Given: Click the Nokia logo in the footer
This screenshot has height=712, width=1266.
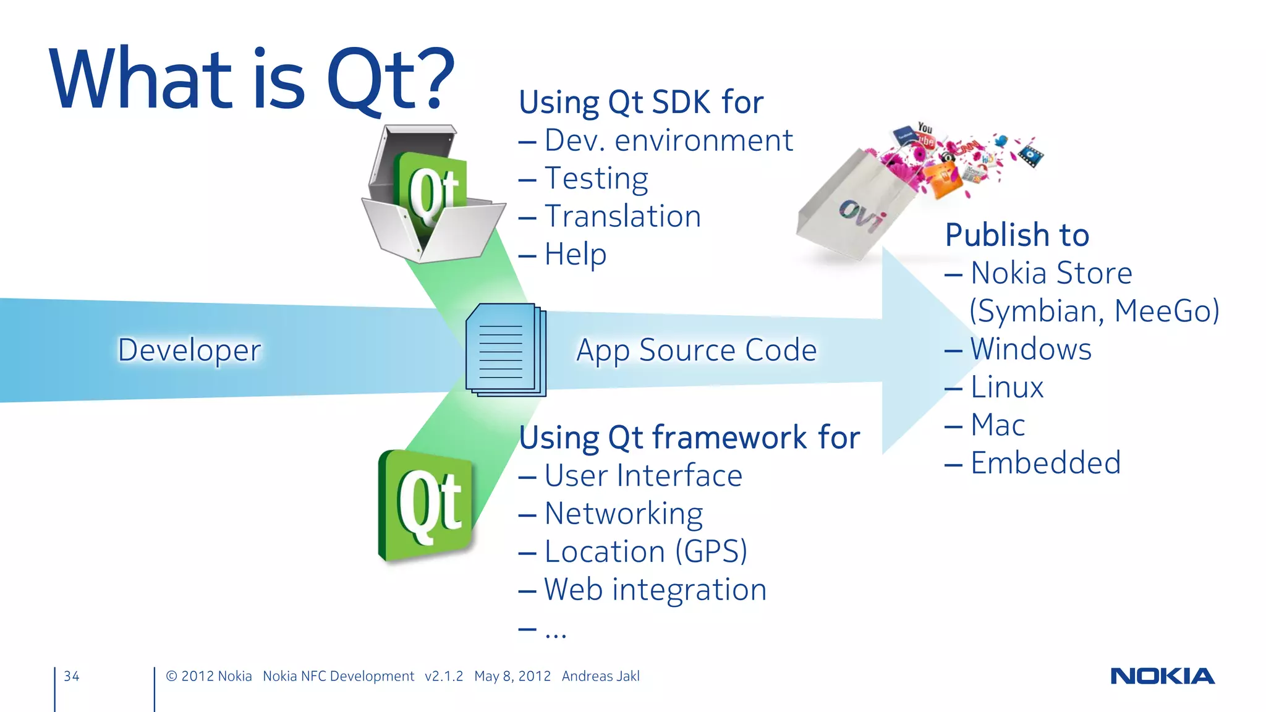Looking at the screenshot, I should (x=1162, y=676).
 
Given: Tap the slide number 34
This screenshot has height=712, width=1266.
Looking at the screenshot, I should (x=72, y=676).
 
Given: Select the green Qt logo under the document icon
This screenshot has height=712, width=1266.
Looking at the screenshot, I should (x=427, y=506).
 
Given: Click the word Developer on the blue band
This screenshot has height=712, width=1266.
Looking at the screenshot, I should (x=189, y=350).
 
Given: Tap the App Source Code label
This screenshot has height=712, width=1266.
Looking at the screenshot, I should (x=696, y=350).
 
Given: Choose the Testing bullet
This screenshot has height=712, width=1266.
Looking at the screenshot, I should (x=596, y=179).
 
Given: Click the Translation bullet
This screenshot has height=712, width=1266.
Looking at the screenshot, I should (x=622, y=216).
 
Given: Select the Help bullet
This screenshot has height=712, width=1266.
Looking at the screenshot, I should (x=575, y=255).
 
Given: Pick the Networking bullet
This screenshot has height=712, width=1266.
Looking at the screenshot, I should (x=623, y=514).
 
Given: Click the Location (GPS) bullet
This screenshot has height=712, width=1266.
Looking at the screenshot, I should (x=645, y=551).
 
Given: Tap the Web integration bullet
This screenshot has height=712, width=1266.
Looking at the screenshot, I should (x=655, y=590).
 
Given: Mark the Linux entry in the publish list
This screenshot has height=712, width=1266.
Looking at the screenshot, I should (x=1006, y=387).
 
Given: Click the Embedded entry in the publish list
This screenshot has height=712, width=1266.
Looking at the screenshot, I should (x=1045, y=463).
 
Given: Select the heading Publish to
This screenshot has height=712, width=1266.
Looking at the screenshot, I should (x=1017, y=235).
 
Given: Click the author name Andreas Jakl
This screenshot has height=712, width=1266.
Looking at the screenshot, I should (x=600, y=676).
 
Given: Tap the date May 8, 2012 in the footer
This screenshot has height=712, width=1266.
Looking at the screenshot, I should (x=512, y=676).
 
